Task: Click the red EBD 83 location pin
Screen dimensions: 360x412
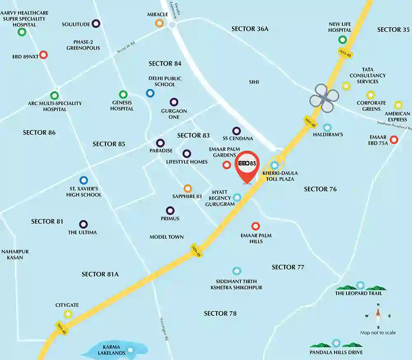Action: coord(247,165)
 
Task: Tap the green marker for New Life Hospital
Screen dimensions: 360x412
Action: coord(342,40)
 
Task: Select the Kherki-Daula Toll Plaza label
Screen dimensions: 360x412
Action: coord(280,176)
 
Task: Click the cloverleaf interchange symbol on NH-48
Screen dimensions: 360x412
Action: coord(325,98)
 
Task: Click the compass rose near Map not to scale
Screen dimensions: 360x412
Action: coord(378,316)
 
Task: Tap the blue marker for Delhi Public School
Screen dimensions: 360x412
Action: coord(150,93)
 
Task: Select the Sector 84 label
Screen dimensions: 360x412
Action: coord(165,64)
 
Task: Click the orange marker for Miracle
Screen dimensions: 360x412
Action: coord(159,23)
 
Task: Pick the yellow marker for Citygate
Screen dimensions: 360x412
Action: coord(68,314)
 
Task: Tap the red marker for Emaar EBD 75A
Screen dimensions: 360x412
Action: coord(394,140)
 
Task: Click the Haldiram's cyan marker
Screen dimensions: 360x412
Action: coord(327,128)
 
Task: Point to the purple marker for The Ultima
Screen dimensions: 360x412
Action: coord(84,224)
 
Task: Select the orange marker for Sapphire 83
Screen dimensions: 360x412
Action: coord(187,188)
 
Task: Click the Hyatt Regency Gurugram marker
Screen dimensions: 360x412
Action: coord(237,198)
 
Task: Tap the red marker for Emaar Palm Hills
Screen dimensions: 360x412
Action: coord(255,226)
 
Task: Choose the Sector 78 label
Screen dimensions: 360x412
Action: coord(220,313)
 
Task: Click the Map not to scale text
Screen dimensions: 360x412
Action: coord(378,332)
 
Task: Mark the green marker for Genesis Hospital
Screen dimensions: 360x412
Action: coord(123,94)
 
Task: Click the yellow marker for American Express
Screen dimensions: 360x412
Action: coord(398,105)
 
